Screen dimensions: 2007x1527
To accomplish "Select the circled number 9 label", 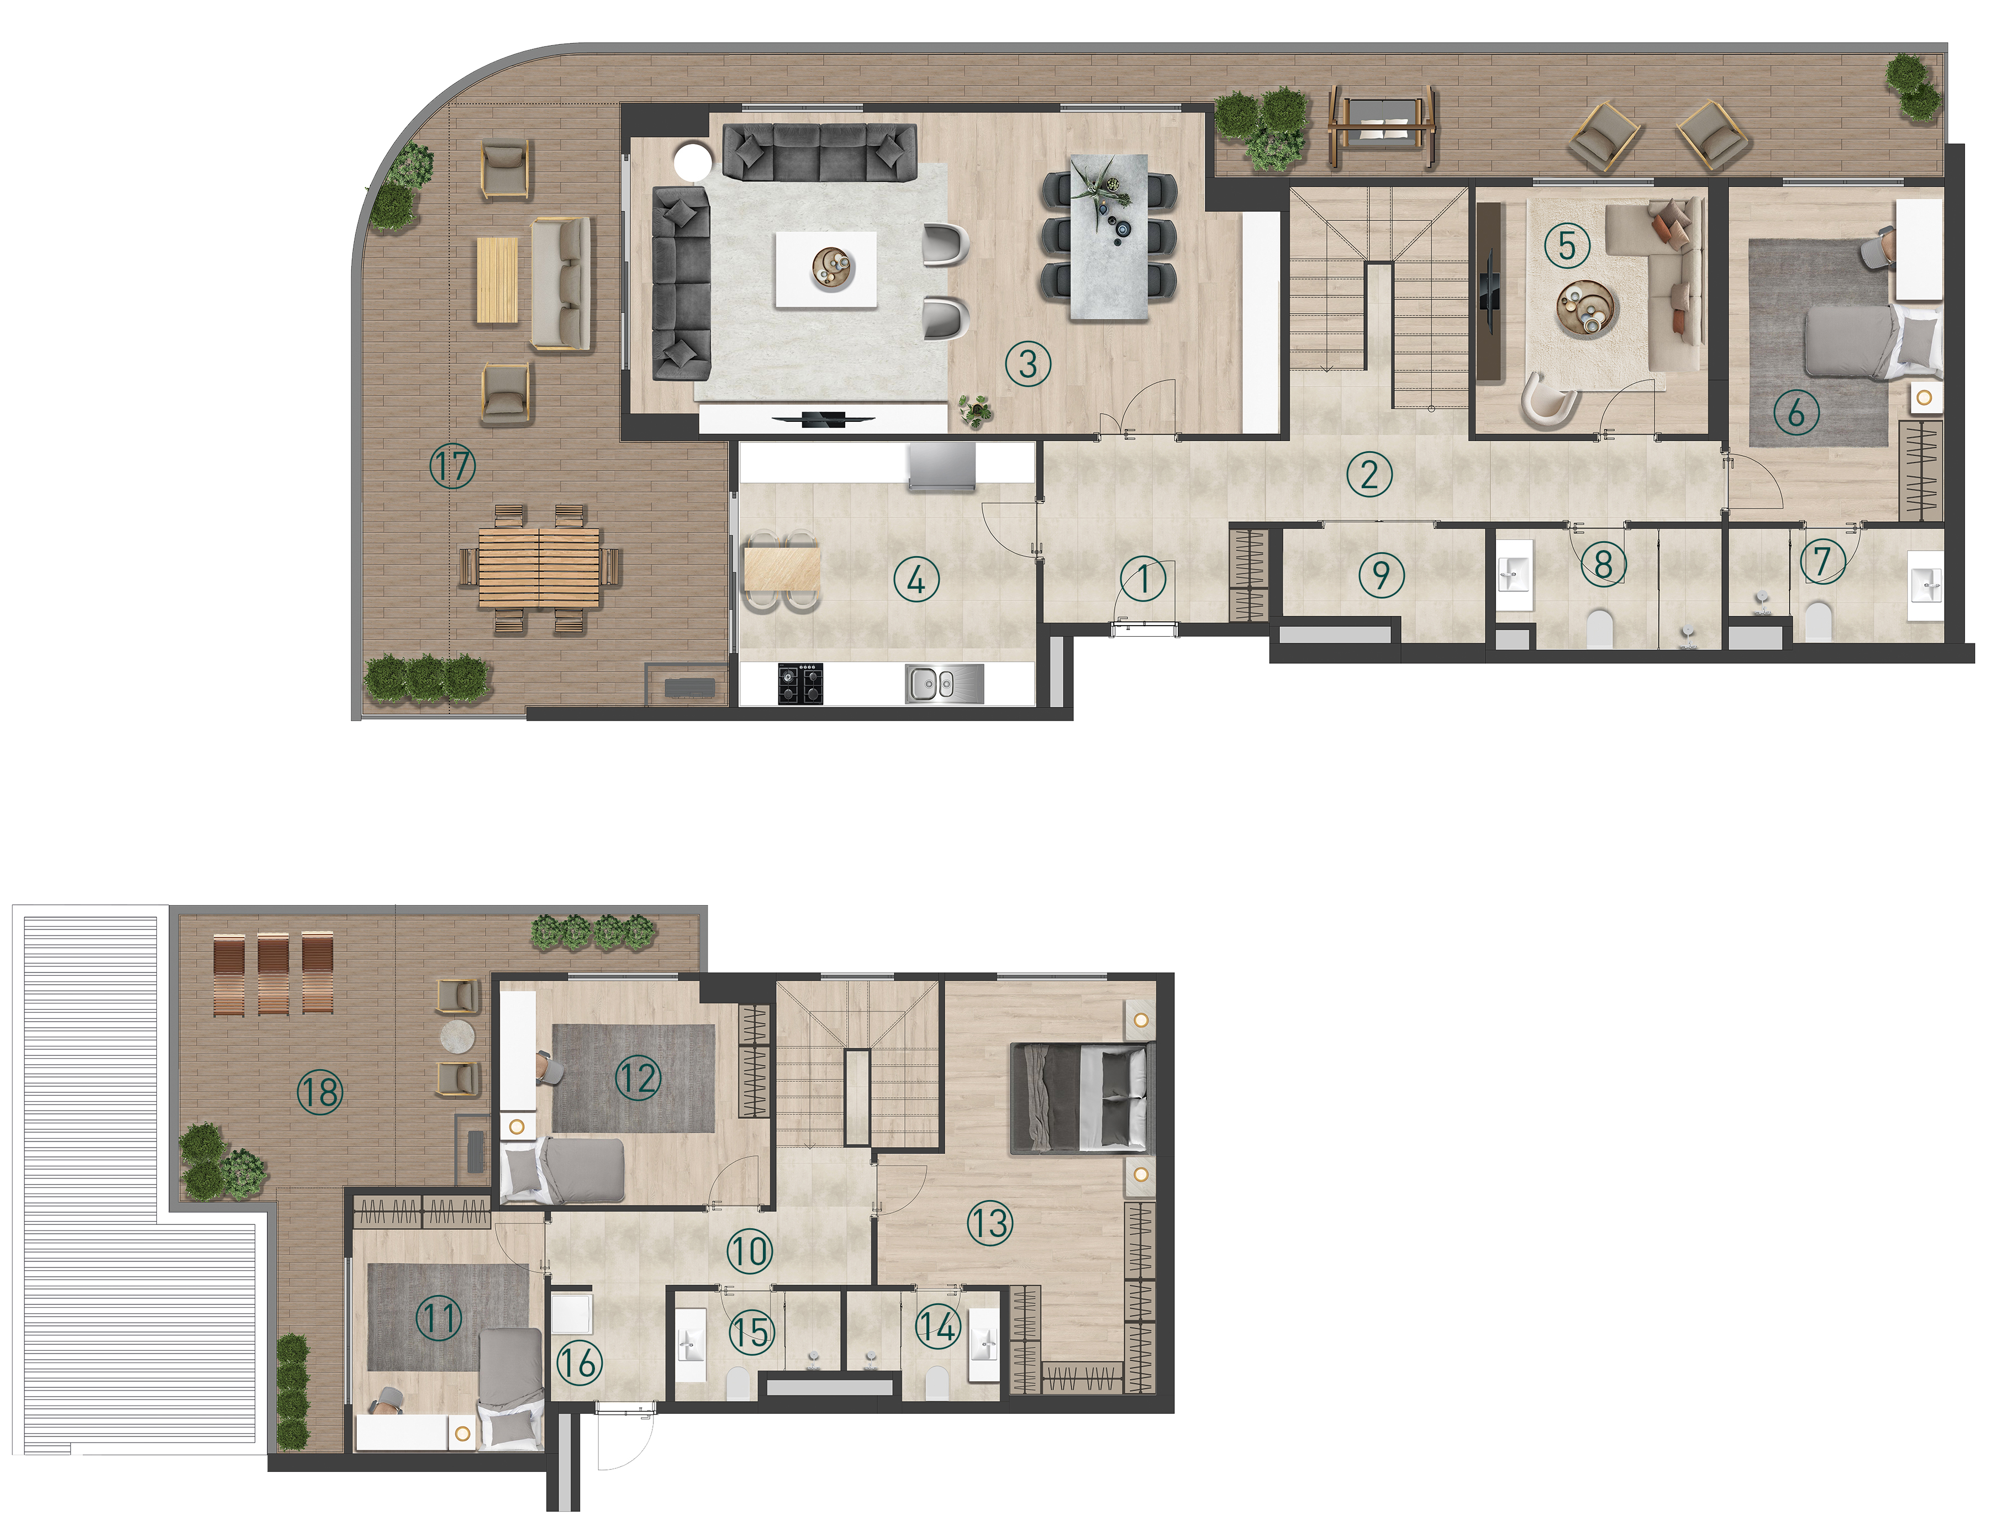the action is click(1382, 574).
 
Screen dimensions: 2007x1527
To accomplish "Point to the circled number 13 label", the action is click(990, 1223).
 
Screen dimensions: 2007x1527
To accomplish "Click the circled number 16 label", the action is click(579, 1362).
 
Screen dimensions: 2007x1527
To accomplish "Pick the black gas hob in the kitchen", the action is click(801, 684).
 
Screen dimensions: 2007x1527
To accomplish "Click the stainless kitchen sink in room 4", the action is click(945, 684).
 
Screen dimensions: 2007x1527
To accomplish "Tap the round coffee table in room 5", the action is click(1587, 309).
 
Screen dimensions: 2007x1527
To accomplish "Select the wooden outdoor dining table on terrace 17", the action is click(539, 568).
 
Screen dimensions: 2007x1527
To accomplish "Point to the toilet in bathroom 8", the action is click(1599, 628).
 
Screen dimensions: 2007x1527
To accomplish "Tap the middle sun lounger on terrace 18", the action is click(273, 974).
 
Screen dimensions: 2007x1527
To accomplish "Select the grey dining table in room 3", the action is click(1109, 237).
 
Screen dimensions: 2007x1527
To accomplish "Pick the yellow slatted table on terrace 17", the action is click(497, 280).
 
